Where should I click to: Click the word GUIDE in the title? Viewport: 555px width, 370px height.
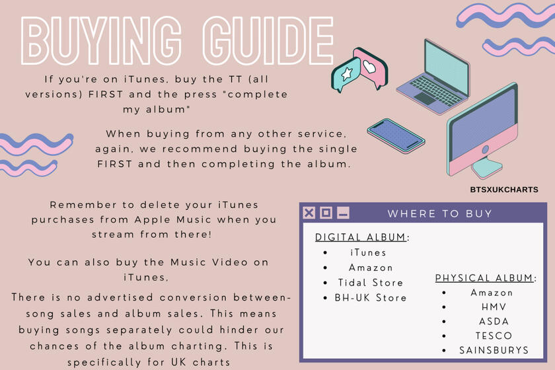point(268,40)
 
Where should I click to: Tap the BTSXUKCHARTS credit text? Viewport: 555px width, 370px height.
point(504,190)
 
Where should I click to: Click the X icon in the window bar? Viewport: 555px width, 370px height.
point(309,213)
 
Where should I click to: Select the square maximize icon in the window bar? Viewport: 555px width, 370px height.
point(326,213)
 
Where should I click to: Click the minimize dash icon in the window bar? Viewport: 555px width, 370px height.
point(343,213)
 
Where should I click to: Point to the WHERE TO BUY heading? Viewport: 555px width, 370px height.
point(440,213)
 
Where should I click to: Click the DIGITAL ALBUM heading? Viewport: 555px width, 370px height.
point(361,237)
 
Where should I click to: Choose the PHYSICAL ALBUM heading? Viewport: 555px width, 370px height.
point(484,278)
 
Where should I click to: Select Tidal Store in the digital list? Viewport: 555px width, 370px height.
point(371,283)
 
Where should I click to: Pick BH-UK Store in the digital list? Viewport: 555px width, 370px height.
point(371,298)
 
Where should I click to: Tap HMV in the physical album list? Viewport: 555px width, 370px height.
point(494,307)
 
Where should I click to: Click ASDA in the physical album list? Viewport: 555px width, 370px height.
point(494,322)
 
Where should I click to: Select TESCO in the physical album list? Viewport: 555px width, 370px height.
point(494,336)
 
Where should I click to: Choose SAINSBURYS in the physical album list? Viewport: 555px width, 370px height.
point(494,350)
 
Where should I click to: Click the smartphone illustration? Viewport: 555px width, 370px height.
point(396,135)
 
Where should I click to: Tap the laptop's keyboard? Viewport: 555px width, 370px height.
point(436,91)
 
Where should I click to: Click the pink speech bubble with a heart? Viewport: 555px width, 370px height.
point(371,67)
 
